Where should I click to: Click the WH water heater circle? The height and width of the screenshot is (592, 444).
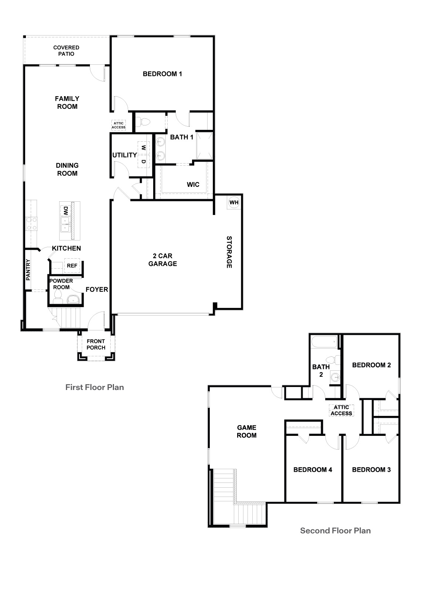(234, 202)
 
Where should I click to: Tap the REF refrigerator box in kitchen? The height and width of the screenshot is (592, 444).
(72, 266)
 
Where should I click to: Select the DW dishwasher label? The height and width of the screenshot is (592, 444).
(65, 211)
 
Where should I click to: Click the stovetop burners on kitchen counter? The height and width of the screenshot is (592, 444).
(31, 223)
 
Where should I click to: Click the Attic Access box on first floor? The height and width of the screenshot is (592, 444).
(119, 125)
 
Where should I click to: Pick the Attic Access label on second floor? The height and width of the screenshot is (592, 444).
(342, 410)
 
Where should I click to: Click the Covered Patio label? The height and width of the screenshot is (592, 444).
(66, 51)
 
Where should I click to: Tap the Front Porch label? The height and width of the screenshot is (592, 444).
(96, 344)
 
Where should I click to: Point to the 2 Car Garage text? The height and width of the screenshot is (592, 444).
(162, 260)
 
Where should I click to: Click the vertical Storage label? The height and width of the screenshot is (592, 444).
(229, 252)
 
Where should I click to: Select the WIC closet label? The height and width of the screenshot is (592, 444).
(193, 184)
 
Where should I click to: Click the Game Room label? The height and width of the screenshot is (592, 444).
(246, 431)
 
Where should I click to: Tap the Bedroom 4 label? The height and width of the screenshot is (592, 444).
(313, 470)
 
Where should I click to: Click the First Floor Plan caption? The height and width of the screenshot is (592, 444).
(95, 387)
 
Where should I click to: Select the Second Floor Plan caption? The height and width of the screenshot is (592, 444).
(335, 531)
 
